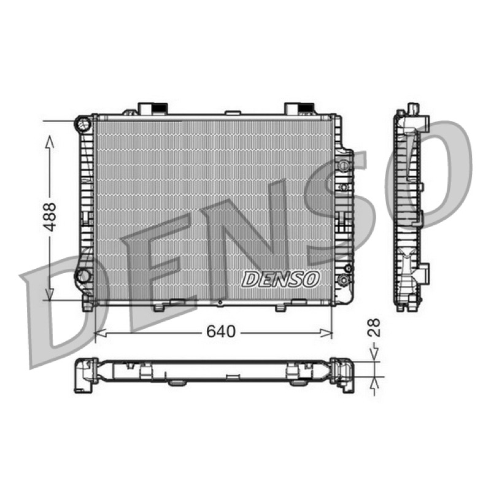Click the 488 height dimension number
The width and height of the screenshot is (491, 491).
(50, 217)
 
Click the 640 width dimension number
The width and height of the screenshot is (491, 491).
(221, 331)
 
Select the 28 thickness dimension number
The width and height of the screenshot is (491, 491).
(374, 327)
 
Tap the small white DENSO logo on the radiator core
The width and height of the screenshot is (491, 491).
(280, 279)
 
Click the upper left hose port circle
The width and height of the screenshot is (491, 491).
(83, 124)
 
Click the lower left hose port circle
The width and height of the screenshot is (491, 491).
(83, 277)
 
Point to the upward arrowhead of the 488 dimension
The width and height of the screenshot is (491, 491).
(50, 142)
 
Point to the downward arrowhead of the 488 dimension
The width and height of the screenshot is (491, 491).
(50, 295)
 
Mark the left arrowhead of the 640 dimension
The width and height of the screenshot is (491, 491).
(100, 333)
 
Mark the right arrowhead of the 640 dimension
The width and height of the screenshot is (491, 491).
(326, 333)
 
